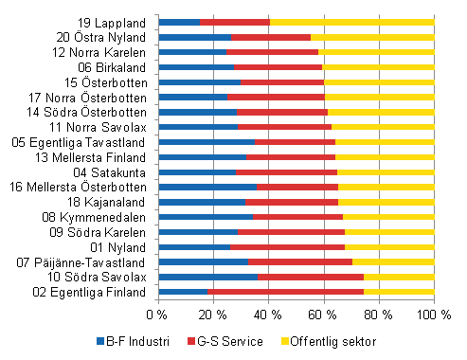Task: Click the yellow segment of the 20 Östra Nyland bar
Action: [x=372, y=37]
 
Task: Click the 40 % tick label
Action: [x=268, y=314]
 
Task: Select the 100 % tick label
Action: [x=434, y=314]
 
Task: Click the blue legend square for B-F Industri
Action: [x=99, y=339]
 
